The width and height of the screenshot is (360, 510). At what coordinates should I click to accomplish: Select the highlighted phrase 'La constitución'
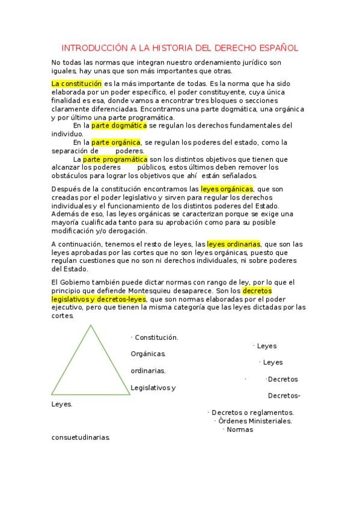(x=76, y=83)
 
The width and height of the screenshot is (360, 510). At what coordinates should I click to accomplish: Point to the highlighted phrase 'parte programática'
(x=115, y=159)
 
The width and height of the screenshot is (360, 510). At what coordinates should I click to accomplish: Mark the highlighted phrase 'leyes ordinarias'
(x=234, y=244)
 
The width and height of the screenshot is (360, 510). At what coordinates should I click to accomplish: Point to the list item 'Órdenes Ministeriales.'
(x=255, y=421)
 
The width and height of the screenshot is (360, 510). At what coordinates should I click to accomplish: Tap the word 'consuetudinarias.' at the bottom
(x=81, y=437)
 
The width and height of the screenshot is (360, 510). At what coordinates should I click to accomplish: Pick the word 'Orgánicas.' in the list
(x=148, y=354)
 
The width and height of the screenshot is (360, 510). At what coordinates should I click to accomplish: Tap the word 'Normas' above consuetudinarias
(x=240, y=429)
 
